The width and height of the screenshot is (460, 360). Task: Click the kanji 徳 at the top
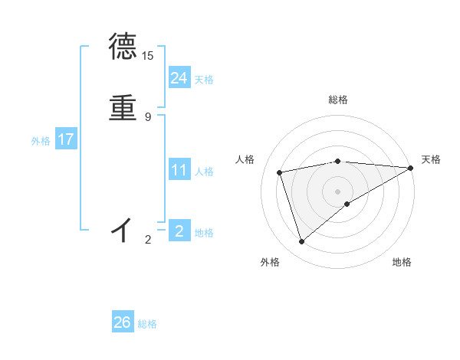[123, 47]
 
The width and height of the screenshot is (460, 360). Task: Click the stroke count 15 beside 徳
[148, 56]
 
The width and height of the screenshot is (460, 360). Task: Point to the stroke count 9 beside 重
[148, 116]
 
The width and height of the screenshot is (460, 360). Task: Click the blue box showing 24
[179, 77]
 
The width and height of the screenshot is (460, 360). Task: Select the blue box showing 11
[179, 170]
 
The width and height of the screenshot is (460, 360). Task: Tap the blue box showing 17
[65, 139]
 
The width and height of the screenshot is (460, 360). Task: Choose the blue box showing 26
[123, 322]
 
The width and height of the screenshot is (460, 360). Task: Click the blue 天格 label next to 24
[204, 80]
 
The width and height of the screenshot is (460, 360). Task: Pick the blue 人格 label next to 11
[204, 172]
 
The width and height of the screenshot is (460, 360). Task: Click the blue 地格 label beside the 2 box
[204, 233]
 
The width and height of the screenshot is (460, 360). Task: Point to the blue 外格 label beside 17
[41, 141]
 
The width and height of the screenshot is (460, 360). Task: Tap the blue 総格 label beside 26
[147, 324]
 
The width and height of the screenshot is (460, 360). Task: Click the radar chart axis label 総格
[337, 100]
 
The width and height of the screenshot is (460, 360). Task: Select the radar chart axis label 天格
[431, 159]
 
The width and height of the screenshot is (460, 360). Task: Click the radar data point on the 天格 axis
[410, 168]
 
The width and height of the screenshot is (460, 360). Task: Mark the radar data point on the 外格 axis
[301, 242]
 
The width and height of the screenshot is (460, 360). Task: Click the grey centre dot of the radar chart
[337, 191]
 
